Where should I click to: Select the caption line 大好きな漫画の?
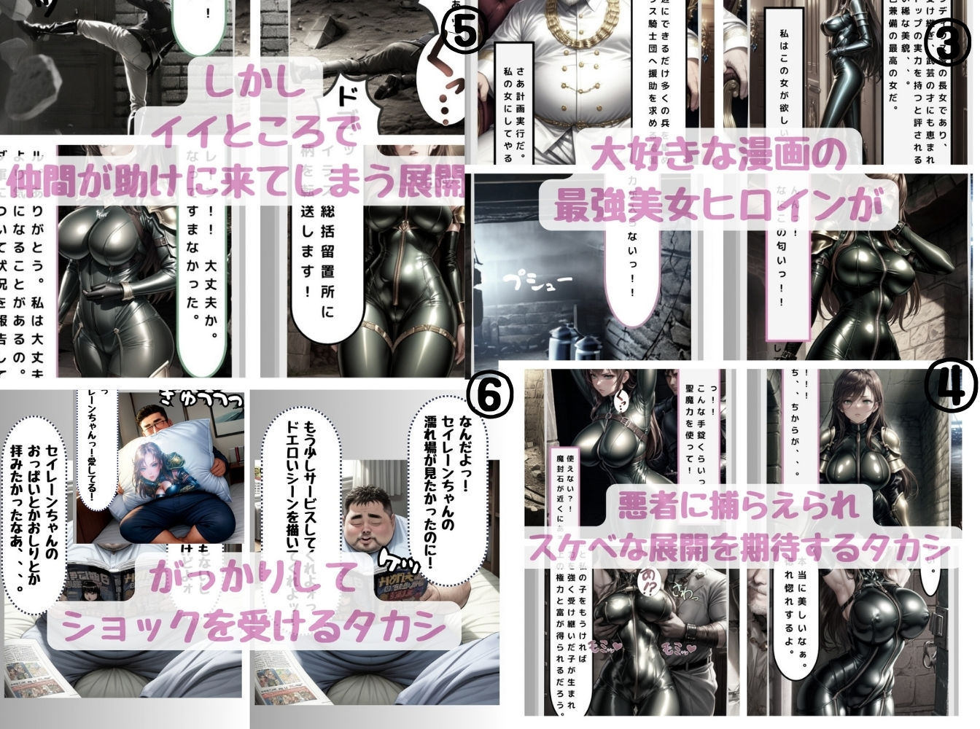(x=718, y=156)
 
